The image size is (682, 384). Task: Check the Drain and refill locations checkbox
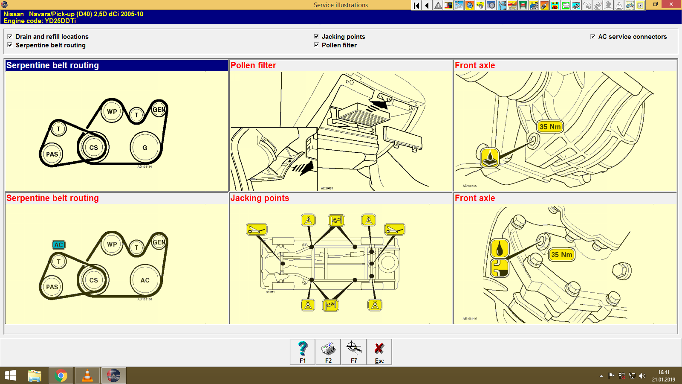pyautogui.click(x=10, y=37)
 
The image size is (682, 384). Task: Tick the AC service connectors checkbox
pyautogui.click(x=593, y=37)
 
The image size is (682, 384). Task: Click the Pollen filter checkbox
pyautogui.click(x=316, y=45)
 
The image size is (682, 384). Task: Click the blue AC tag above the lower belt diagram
pyautogui.click(x=59, y=245)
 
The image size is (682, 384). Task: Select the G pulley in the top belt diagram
pyautogui.click(x=145, y=148)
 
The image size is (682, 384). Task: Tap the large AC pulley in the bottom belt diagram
pyautogui.click(x=145, y=280)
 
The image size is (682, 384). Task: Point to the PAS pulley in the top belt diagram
pyautogui.click(x=52, y=154)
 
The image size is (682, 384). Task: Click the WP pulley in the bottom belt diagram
pyautogui.click(x=112, y=244)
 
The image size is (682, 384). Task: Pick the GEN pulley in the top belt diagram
pyautogui.click(x=159, y=110)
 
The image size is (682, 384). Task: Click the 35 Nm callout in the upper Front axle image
pyautogui.click(x=550, y=127)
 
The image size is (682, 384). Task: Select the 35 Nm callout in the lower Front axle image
pyautogui.click(x=561, y=255)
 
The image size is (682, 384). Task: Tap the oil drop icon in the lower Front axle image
pyautogui.click(x=500, y=248)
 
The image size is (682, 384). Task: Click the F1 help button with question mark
pyautogui.click(x=303, y=352)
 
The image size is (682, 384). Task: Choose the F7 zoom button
pyautogui.click(x=354, y=352)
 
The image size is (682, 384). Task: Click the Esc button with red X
pyautogui.click(x=379, y=352)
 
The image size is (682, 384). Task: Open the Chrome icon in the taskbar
pyautogui.click(x=61, y=376)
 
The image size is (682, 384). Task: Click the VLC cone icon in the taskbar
pyautogui.click(x=87, y=376)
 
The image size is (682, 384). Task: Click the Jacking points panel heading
pyautogui.click(x=260, y=198)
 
